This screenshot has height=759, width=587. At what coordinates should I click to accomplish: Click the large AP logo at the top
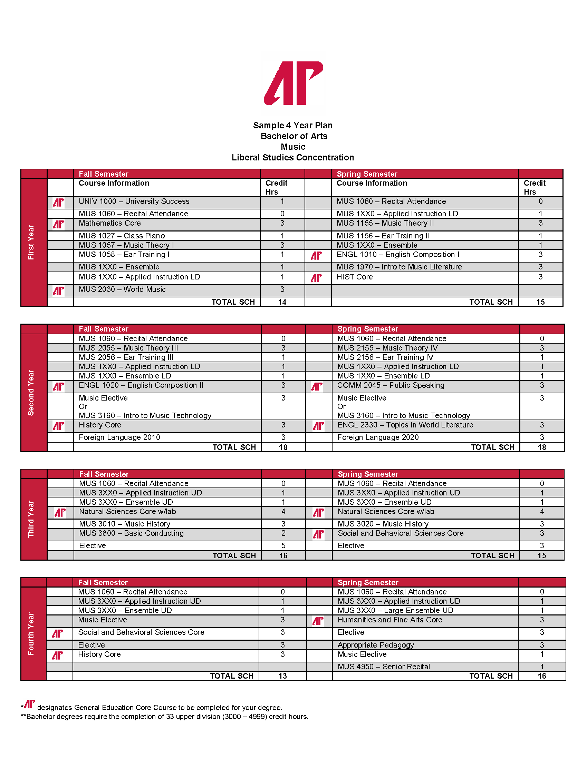tap(293, 83)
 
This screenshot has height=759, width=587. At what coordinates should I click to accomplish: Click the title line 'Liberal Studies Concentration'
tap(293, 157)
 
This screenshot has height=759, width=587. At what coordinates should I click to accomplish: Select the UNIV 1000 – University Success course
tap(134, 201)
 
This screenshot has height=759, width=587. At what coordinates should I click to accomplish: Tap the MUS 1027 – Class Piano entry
tap(122, 236)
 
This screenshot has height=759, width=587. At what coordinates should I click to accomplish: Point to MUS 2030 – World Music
tap(122, 289)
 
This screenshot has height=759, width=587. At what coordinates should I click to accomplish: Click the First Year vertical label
tap(31, 242)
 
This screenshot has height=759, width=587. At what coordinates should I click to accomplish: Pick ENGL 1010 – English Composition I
tap(398, 255)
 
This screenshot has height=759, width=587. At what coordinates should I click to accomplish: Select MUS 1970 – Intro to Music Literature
tap(399, 267)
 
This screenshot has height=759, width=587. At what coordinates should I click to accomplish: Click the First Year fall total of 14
tap(282, 302)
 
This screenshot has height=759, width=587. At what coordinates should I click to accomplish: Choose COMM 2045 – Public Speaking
tap(391, 385)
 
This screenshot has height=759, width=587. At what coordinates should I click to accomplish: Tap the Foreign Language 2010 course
tap(119, 437)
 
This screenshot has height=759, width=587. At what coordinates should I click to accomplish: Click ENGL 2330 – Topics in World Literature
tap(405, 425)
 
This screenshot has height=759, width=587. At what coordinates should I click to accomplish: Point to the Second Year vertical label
tap(31, 393)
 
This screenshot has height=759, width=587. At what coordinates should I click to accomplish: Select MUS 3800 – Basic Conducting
tap(132, 533)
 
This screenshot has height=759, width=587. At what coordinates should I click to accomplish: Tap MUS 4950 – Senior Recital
tap(384, 667)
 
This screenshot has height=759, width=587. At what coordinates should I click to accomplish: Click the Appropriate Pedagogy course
tap(376, 645)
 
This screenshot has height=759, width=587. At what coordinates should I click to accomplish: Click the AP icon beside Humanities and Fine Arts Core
tap(318, 621)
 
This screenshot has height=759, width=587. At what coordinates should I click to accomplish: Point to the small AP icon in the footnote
tap(30, 704)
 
